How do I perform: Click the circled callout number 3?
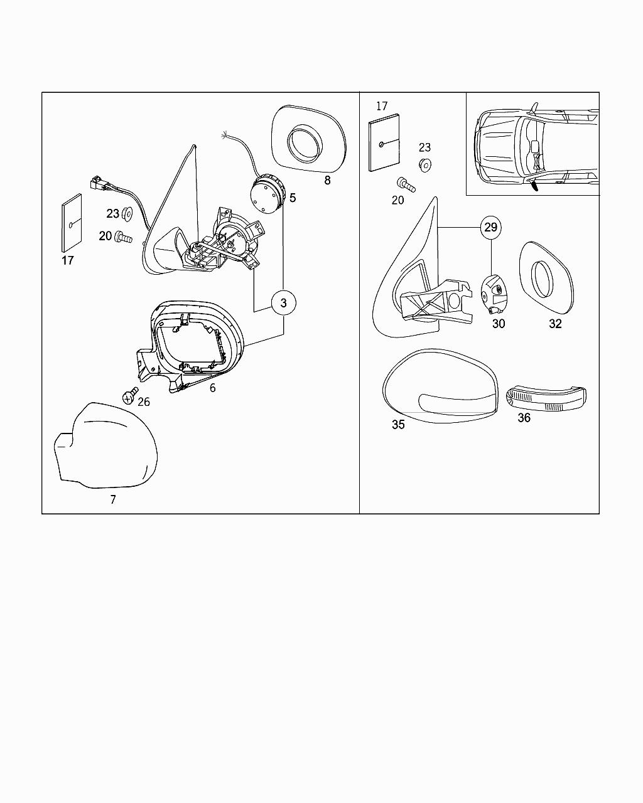[283, 303]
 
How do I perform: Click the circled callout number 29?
[491, 227]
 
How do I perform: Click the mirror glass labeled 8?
[308, 139]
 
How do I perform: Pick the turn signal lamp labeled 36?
[544, 398]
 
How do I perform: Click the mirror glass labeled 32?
[546, 279]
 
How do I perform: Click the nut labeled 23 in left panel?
[126, 213]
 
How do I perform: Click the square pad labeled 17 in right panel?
[384, 143]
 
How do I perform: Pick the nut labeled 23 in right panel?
[424, 165]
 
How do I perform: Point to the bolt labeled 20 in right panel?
[405, 185]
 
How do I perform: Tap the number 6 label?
[212, 388]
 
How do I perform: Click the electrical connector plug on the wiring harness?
[97, 183]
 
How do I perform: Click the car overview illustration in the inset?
[532, 144]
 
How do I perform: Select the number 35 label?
[398, 425]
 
